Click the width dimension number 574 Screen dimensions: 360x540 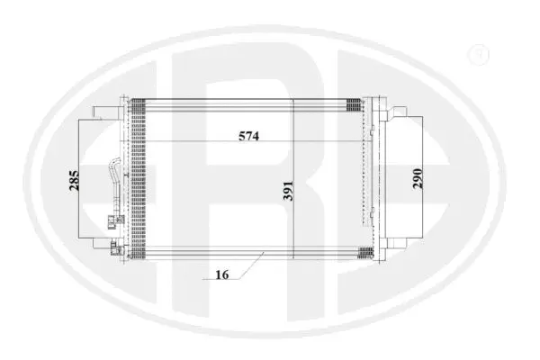point(248,137)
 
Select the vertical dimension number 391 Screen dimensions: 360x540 point(285,191)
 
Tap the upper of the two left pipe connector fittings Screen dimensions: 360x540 point(114,219)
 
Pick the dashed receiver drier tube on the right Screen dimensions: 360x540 point(370,171)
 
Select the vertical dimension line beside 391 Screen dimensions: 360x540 point(294,180)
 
